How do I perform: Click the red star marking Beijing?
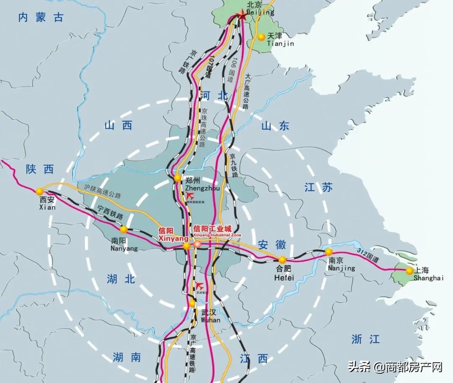pos(242,16)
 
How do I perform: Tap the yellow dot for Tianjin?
pos(261,37)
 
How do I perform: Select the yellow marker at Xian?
pos(39,191)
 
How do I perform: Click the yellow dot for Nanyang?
pos(124,229)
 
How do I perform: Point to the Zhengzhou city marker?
pos(178,179)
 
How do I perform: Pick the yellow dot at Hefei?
pos(282,259)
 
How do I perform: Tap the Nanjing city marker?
pos(328,252)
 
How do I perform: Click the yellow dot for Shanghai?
pos(409,271)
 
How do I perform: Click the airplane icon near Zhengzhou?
pos(190,195)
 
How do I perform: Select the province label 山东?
pos(275,125)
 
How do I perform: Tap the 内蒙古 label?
pos(41,17)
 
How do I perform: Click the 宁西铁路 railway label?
pos(110,212)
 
